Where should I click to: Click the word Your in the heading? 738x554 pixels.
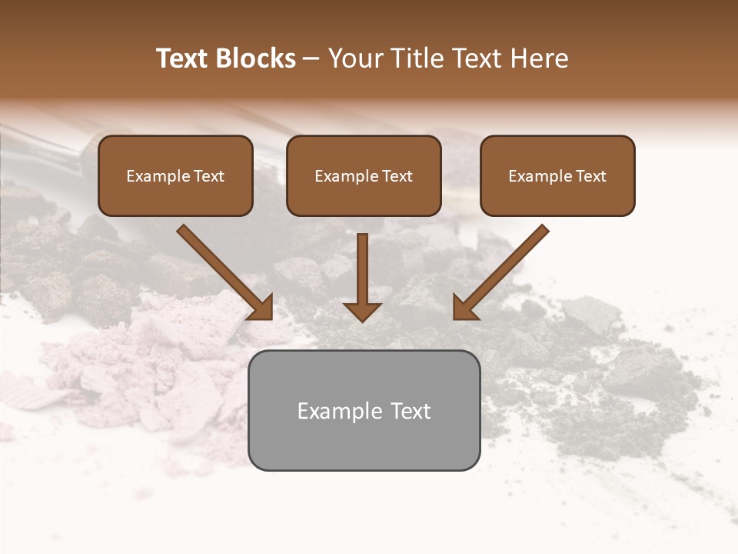pos(355,58)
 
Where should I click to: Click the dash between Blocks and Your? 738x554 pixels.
pos(311,59)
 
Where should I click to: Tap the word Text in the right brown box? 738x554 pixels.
pos(591,176)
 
